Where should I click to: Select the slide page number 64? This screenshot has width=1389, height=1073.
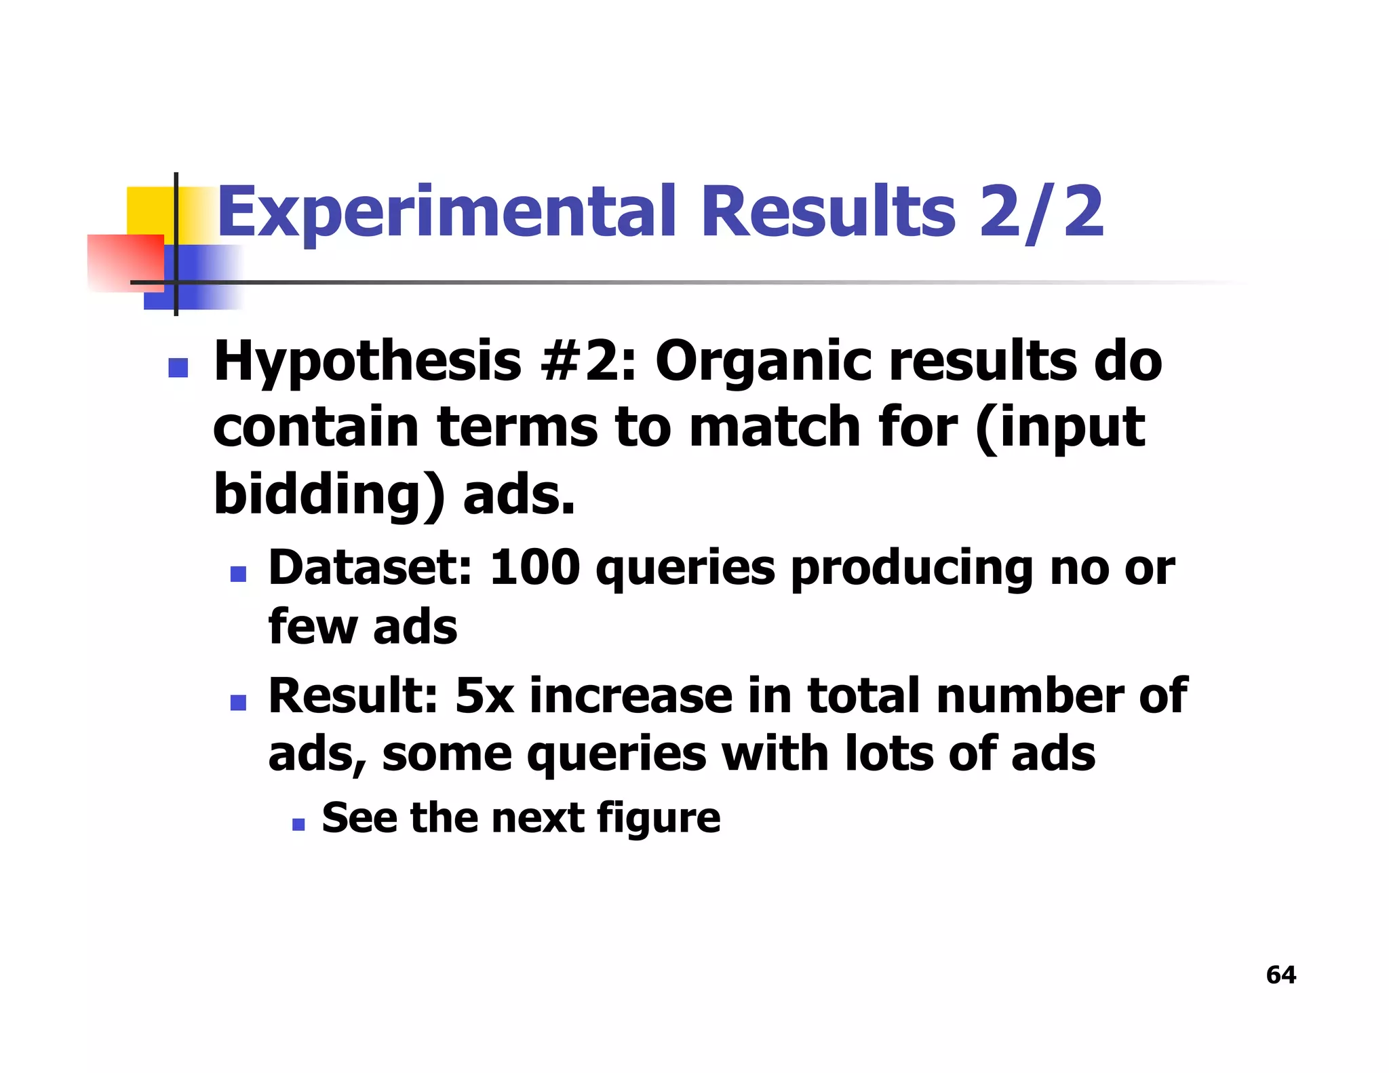[x=1280, y=975]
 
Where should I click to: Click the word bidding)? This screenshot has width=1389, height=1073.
[x=330, y=494]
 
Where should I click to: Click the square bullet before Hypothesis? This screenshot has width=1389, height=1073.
[x=178, y=368]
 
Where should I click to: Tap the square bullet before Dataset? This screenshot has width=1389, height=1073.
[x=238, y=574]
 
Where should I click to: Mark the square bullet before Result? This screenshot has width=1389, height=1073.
[x=238, y=702]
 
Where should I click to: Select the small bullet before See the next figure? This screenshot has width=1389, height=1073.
[x=298, y=824]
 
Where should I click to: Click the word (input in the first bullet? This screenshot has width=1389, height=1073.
[x=1059, y=429]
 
